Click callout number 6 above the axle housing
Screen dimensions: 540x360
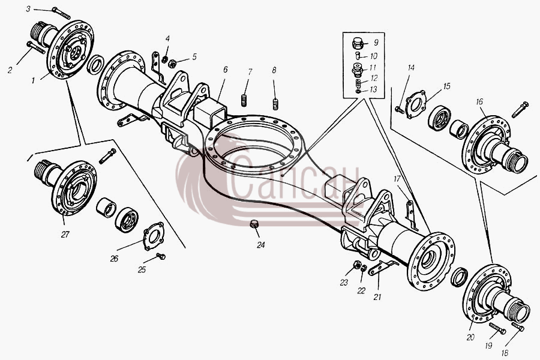(225, 70)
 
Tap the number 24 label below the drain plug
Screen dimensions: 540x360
(261, 245)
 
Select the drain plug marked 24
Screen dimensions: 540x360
(254, 224)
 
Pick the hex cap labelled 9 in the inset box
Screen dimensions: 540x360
(358, 43)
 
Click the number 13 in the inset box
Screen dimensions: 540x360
(373, 89)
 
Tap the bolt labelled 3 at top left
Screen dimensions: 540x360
(62, 13)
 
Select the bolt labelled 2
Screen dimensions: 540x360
(35, 47)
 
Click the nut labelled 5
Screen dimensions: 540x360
(172, 63)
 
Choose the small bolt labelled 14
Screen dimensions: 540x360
(399, 110)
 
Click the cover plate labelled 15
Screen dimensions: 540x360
(416, 104)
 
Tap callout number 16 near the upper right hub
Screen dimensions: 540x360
(479, 101)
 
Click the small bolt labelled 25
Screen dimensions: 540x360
(161, 256)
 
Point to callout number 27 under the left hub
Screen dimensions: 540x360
(65, 235)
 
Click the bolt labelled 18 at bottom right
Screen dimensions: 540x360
(518, 327)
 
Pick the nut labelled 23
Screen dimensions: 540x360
(357, 265)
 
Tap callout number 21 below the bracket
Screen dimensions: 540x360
(377, 296)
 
